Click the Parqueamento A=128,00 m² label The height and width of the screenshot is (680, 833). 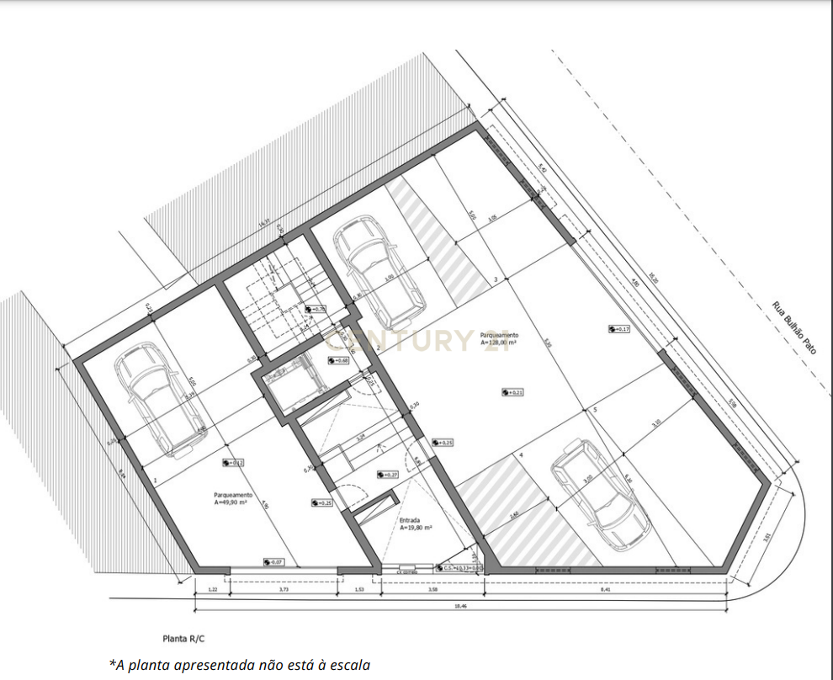point(499,338)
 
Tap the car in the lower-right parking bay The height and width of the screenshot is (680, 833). point(601,494)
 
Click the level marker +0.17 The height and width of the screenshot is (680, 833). point(620,329)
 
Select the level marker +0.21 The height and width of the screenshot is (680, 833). point(512,391)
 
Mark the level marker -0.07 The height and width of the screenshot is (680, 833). point(273,561)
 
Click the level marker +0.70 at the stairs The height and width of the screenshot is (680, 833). point(316,310)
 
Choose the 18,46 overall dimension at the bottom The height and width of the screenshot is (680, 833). point(459,606)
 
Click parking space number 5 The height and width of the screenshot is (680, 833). point(594,410)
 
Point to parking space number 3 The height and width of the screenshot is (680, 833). point(496,279)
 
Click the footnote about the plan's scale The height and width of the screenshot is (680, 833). point(240,665)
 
